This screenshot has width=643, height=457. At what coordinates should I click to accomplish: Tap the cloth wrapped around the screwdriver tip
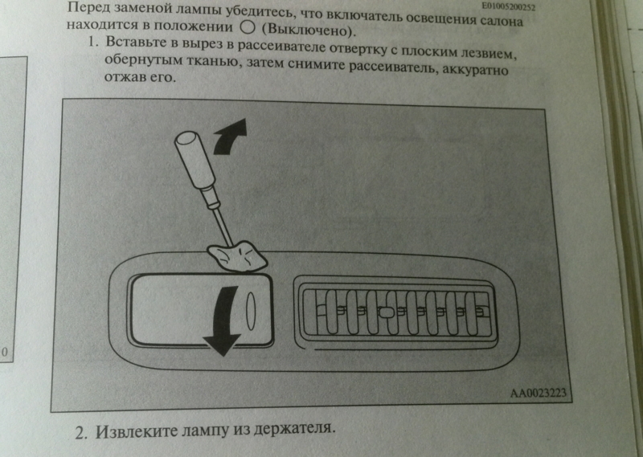point(237,256)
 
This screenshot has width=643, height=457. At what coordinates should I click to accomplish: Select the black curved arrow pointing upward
point(231,137)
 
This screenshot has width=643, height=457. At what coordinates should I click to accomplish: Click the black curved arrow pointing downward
point(223,320)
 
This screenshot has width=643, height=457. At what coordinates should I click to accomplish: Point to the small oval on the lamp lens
point(251,311)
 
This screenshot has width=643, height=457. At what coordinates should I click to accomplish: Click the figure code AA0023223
point(538,393)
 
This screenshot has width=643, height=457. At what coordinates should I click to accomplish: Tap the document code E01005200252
point(509,6)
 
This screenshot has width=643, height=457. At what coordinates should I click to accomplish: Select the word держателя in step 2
point(293,429)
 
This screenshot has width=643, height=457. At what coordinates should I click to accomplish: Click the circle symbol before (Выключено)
point(248,27)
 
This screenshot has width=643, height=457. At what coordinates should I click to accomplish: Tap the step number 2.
point(81,434)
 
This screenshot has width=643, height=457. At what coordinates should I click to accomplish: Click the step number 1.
point(93,42)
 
